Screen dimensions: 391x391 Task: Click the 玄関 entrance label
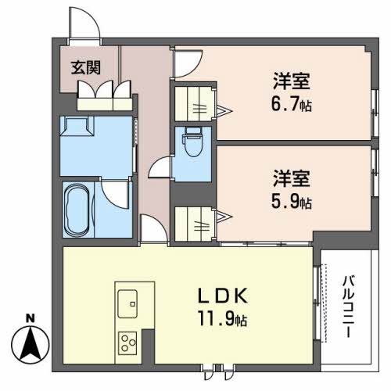[x=86, y=68]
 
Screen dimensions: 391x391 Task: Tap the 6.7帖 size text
[x=292, y=105]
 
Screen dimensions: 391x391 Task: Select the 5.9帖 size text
[x=292, y=202]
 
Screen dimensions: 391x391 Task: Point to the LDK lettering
[x=223, y=296]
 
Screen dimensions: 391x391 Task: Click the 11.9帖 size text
[x=223, y=318]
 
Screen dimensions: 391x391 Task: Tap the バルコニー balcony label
[x=348, y=307]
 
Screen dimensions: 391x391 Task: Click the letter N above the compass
[x=30, y=318]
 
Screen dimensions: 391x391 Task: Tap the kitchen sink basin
[x=127, y=303]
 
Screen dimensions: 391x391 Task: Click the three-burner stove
[x=127, y=343]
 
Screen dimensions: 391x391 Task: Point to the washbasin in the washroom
[x=77, y=127]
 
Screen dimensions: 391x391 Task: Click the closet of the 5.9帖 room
[x=195, y=224]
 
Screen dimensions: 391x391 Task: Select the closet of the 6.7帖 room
[x=195, y=104]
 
